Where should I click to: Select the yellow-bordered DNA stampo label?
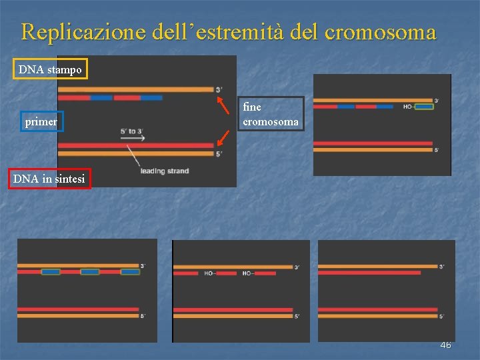51,69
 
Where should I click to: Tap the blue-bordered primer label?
42,121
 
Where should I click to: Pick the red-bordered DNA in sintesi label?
49,178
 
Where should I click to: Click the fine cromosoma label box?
270,114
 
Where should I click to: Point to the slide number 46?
445,345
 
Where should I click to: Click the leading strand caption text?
165,171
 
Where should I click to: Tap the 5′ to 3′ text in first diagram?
132,131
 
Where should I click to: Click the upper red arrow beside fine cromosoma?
221,104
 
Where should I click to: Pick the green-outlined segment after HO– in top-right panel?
423,106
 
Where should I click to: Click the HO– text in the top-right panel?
407,107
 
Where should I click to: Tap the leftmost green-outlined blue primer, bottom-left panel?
51,272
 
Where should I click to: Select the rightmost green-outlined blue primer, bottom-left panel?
130,272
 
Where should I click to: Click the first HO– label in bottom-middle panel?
209,273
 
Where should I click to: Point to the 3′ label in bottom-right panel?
442,267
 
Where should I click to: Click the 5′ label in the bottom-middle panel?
297,316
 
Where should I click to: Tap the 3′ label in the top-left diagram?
219,89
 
